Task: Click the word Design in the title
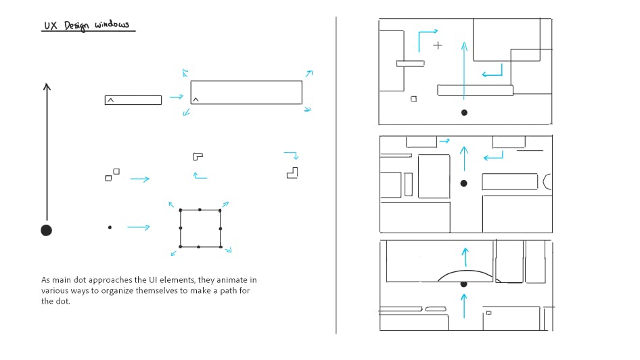coord(76,26)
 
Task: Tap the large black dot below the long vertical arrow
coord(46,230)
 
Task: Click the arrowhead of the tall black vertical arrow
coord(46,86)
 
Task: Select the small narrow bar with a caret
coord(133,100)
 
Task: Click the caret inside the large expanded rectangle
coord(196,99)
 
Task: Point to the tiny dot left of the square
coord(110,227)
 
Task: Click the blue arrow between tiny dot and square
coord(138,227)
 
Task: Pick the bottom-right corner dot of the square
coord(221,246)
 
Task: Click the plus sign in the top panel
coord(438,45)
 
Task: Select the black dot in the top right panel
coord(464,112)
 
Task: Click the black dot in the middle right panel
coord(463,183)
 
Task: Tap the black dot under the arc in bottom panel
coord(463,284)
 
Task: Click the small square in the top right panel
coord(413,99)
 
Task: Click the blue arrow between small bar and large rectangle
coord(176,97)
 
